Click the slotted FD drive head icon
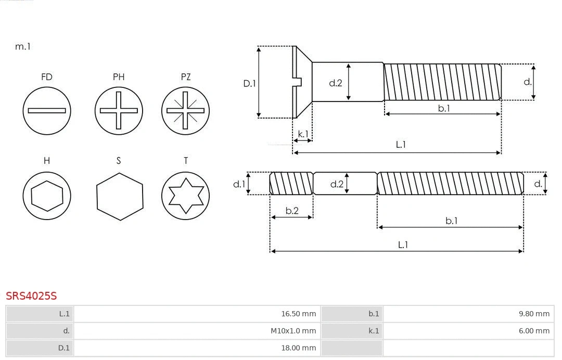point(47,110)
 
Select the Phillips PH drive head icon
point(119,110)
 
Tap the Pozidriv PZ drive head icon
point(186,110)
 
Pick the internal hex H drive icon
point(47,196)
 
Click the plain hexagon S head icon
point(120,196)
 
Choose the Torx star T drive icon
point(186,196)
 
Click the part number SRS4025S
point(31,296)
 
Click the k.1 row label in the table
point(374,331)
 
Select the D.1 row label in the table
point(63,348)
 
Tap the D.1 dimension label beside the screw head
point(250,83)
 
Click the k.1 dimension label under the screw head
point(302,134)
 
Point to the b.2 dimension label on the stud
point(292,211)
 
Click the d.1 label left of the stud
point(238,184)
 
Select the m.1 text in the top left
point(23,46)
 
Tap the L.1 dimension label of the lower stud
point(402,245)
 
